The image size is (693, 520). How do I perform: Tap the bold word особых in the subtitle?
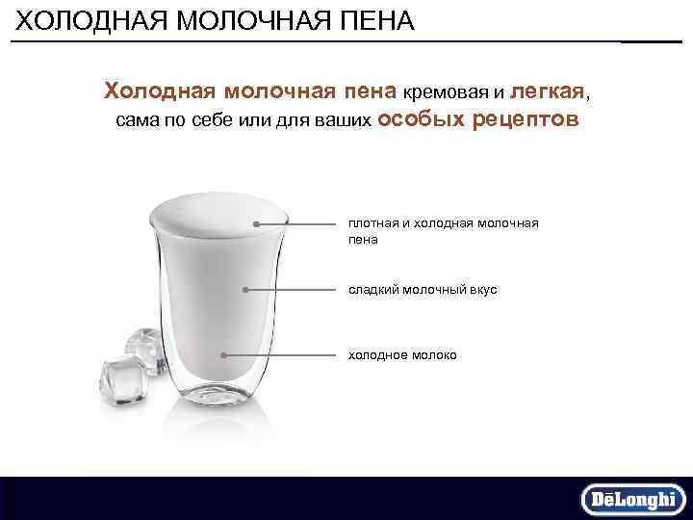pyautogui.click(x=421, y=121)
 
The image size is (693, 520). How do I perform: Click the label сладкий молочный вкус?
pyautogui.click(x=423, y=289)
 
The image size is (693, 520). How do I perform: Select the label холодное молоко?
pyautogui.click(x=402, y=355)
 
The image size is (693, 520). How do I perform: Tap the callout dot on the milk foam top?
pyautogui.click(x=256, y=223)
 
